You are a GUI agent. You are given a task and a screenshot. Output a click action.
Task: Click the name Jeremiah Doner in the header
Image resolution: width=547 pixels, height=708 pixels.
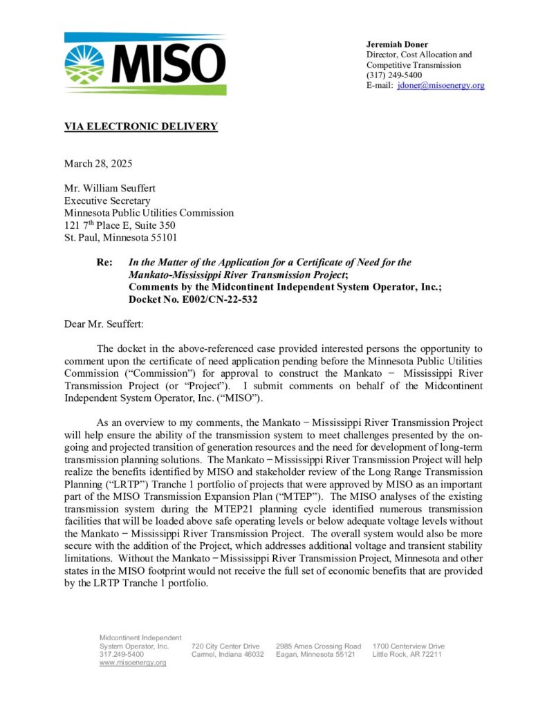(x=397, y=45)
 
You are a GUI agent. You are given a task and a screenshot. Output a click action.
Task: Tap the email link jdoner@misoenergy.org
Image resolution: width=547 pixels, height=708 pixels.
(x=441, y=86)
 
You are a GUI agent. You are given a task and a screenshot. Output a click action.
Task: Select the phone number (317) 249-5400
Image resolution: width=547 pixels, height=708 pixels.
(x=394, y=75)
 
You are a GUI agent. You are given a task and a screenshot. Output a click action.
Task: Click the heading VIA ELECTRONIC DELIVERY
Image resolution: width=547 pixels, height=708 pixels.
(x=141, y=127)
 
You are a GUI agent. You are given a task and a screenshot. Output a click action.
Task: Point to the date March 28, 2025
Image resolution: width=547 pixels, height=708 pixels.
(x=98, y=164)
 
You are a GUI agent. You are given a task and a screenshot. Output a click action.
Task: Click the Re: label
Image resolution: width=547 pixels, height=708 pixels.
(x=105, y=263)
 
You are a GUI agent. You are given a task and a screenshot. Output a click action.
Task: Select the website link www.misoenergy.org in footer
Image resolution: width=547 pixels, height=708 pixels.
(x=133, y=663)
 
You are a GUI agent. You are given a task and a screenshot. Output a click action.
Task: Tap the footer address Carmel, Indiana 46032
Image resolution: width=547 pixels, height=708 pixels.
(x=228, y=655)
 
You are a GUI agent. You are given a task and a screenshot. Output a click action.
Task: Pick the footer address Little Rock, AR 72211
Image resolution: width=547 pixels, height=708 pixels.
(x=407, y=655)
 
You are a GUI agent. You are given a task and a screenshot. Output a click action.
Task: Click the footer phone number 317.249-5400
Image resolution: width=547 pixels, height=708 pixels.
(x=122, y=655)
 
